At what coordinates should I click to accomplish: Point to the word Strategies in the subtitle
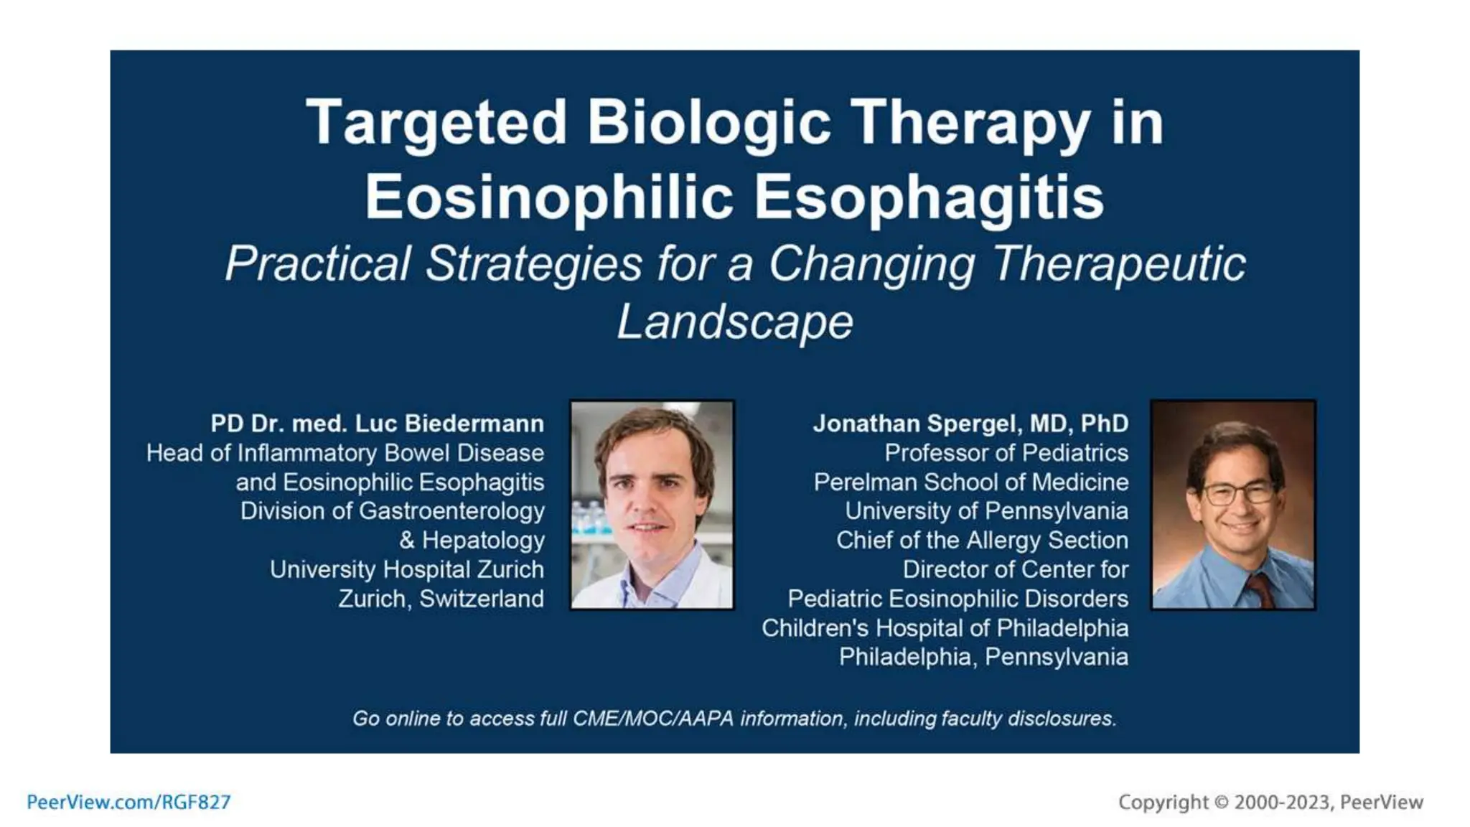(x=533, y=264)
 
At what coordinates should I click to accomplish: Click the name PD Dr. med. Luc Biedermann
(x=377, y=424)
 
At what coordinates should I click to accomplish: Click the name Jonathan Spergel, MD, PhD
(x=970, y=424)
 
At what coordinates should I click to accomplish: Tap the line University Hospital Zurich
(x=406, y=569)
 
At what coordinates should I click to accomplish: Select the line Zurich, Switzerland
(x=441, y=599)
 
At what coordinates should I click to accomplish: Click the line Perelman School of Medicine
(x=970, y=482)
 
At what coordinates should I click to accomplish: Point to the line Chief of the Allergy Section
(x=982, y=540)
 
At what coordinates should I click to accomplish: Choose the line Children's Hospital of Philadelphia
(x=945, y=628)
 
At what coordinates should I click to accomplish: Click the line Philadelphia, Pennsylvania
(x=983, y=657)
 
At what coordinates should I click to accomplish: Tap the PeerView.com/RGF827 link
(x=128, y=802)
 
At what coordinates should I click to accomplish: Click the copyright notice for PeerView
(x=1270, y=802)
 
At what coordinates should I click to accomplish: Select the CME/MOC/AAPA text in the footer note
(x=653, y=719)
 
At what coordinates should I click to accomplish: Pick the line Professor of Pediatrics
(x=1006, y=453)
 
